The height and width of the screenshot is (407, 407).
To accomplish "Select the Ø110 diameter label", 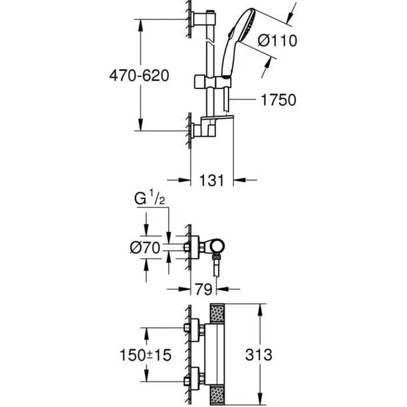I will tap(277, 41).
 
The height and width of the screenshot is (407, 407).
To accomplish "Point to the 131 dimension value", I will tap(212, 180).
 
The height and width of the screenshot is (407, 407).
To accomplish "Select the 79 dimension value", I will tap(203, 288).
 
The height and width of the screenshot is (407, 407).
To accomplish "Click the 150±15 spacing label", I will tap(145, 354).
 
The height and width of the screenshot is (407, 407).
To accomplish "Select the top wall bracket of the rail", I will tap(203, 18).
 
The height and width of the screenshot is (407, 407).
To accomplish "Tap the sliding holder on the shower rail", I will tap(212, 81).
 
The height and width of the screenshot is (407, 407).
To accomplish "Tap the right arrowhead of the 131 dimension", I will tap(238, 180).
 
